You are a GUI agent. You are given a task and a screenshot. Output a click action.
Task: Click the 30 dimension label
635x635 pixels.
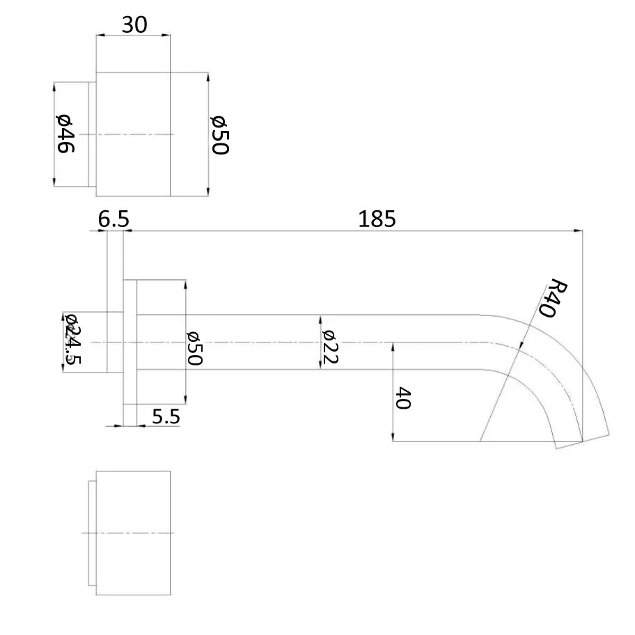click(134, 25)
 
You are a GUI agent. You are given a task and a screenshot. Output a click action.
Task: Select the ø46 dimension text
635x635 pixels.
click(65, 134)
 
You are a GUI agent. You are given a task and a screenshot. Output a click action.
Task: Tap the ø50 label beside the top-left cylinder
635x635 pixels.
click(220, 135)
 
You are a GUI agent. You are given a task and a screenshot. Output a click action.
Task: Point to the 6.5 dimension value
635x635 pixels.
click(113, 219)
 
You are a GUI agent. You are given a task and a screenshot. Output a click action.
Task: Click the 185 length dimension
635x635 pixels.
click(377, 219)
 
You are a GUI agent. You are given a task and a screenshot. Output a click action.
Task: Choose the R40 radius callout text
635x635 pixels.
click(552, 298)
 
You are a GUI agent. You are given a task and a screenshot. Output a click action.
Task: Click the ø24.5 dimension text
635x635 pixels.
click(73, 338)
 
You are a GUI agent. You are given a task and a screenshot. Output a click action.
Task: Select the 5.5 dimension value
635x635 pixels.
click(166, 416)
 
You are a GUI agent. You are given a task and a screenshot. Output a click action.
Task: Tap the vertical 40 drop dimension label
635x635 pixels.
click(403, 398)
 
